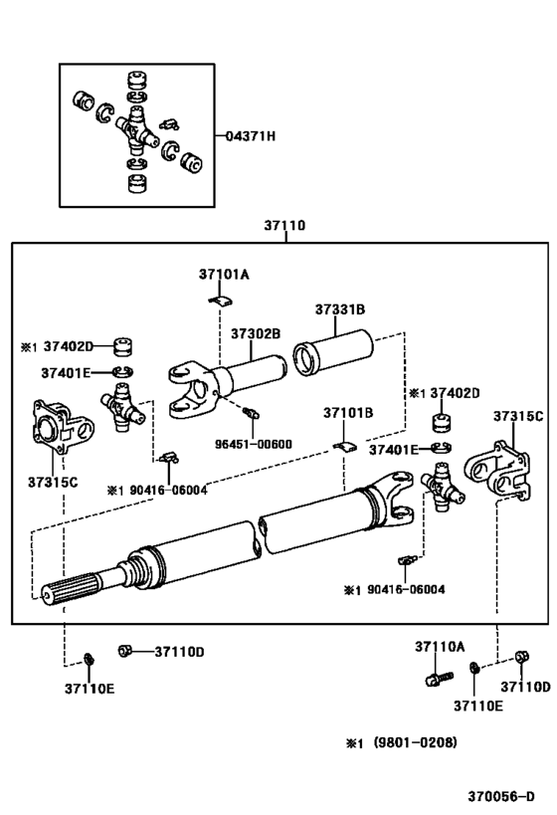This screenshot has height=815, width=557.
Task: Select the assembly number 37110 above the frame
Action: point(283,226)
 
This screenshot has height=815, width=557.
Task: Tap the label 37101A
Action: point(223,274)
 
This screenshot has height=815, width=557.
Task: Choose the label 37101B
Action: point(347,412)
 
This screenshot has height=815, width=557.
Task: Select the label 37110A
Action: point(440,647)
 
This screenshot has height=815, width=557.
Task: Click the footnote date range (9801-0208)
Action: point(410,742)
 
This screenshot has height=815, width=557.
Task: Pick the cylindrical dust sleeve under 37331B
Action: point(330,355)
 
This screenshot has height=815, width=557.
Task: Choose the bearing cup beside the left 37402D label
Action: point(124,346)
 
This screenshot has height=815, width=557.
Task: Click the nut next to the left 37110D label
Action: point(124,651)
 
